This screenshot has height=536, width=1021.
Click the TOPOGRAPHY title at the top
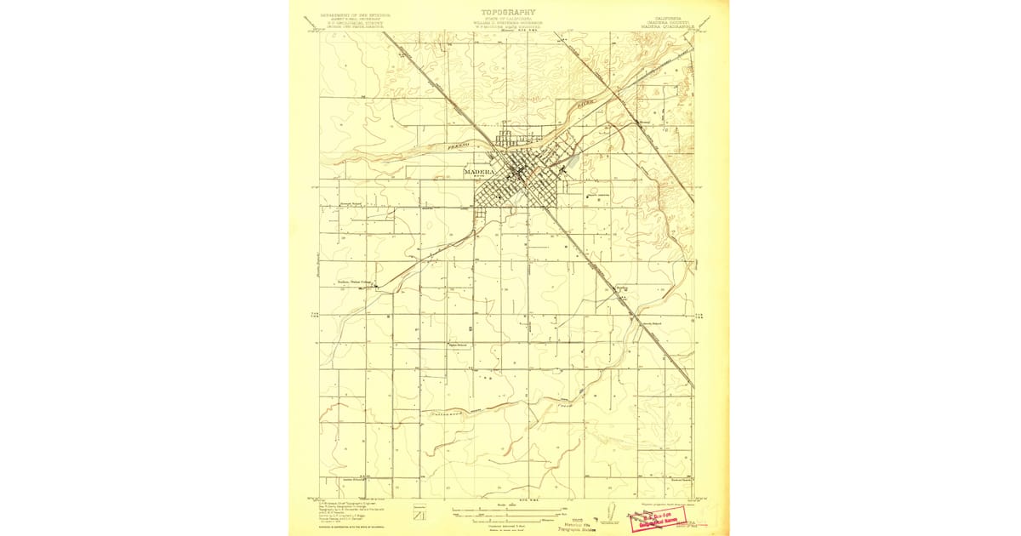[509, 13]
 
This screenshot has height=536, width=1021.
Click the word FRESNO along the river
[459, 147]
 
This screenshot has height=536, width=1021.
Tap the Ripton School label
[460, 345]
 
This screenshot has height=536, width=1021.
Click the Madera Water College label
[356, 284]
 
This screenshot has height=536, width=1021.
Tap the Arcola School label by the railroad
[651, 324]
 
